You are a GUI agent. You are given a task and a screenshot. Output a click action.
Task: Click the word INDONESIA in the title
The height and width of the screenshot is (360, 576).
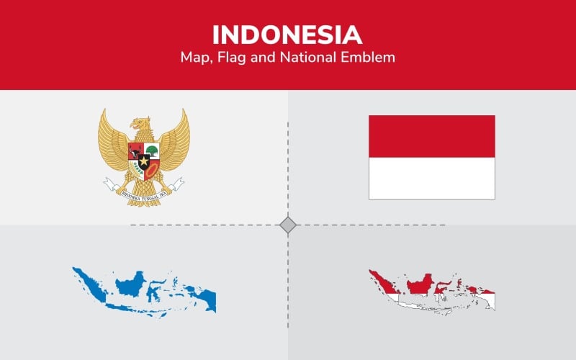click(287, 35)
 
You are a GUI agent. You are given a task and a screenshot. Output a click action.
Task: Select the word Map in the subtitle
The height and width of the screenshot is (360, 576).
click(196, 57)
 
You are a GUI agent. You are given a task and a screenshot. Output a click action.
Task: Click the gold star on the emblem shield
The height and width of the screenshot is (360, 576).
click(144, 161)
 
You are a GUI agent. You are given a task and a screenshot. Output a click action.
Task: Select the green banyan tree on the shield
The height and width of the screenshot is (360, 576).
click(152, 150)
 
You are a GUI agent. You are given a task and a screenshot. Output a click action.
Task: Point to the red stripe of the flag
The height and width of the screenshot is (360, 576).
click(431, 136)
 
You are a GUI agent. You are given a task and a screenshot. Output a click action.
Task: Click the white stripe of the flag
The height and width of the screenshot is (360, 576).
click(431, 178)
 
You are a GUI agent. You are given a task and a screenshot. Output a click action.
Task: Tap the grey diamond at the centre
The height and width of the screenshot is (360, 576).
click(288, 225)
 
